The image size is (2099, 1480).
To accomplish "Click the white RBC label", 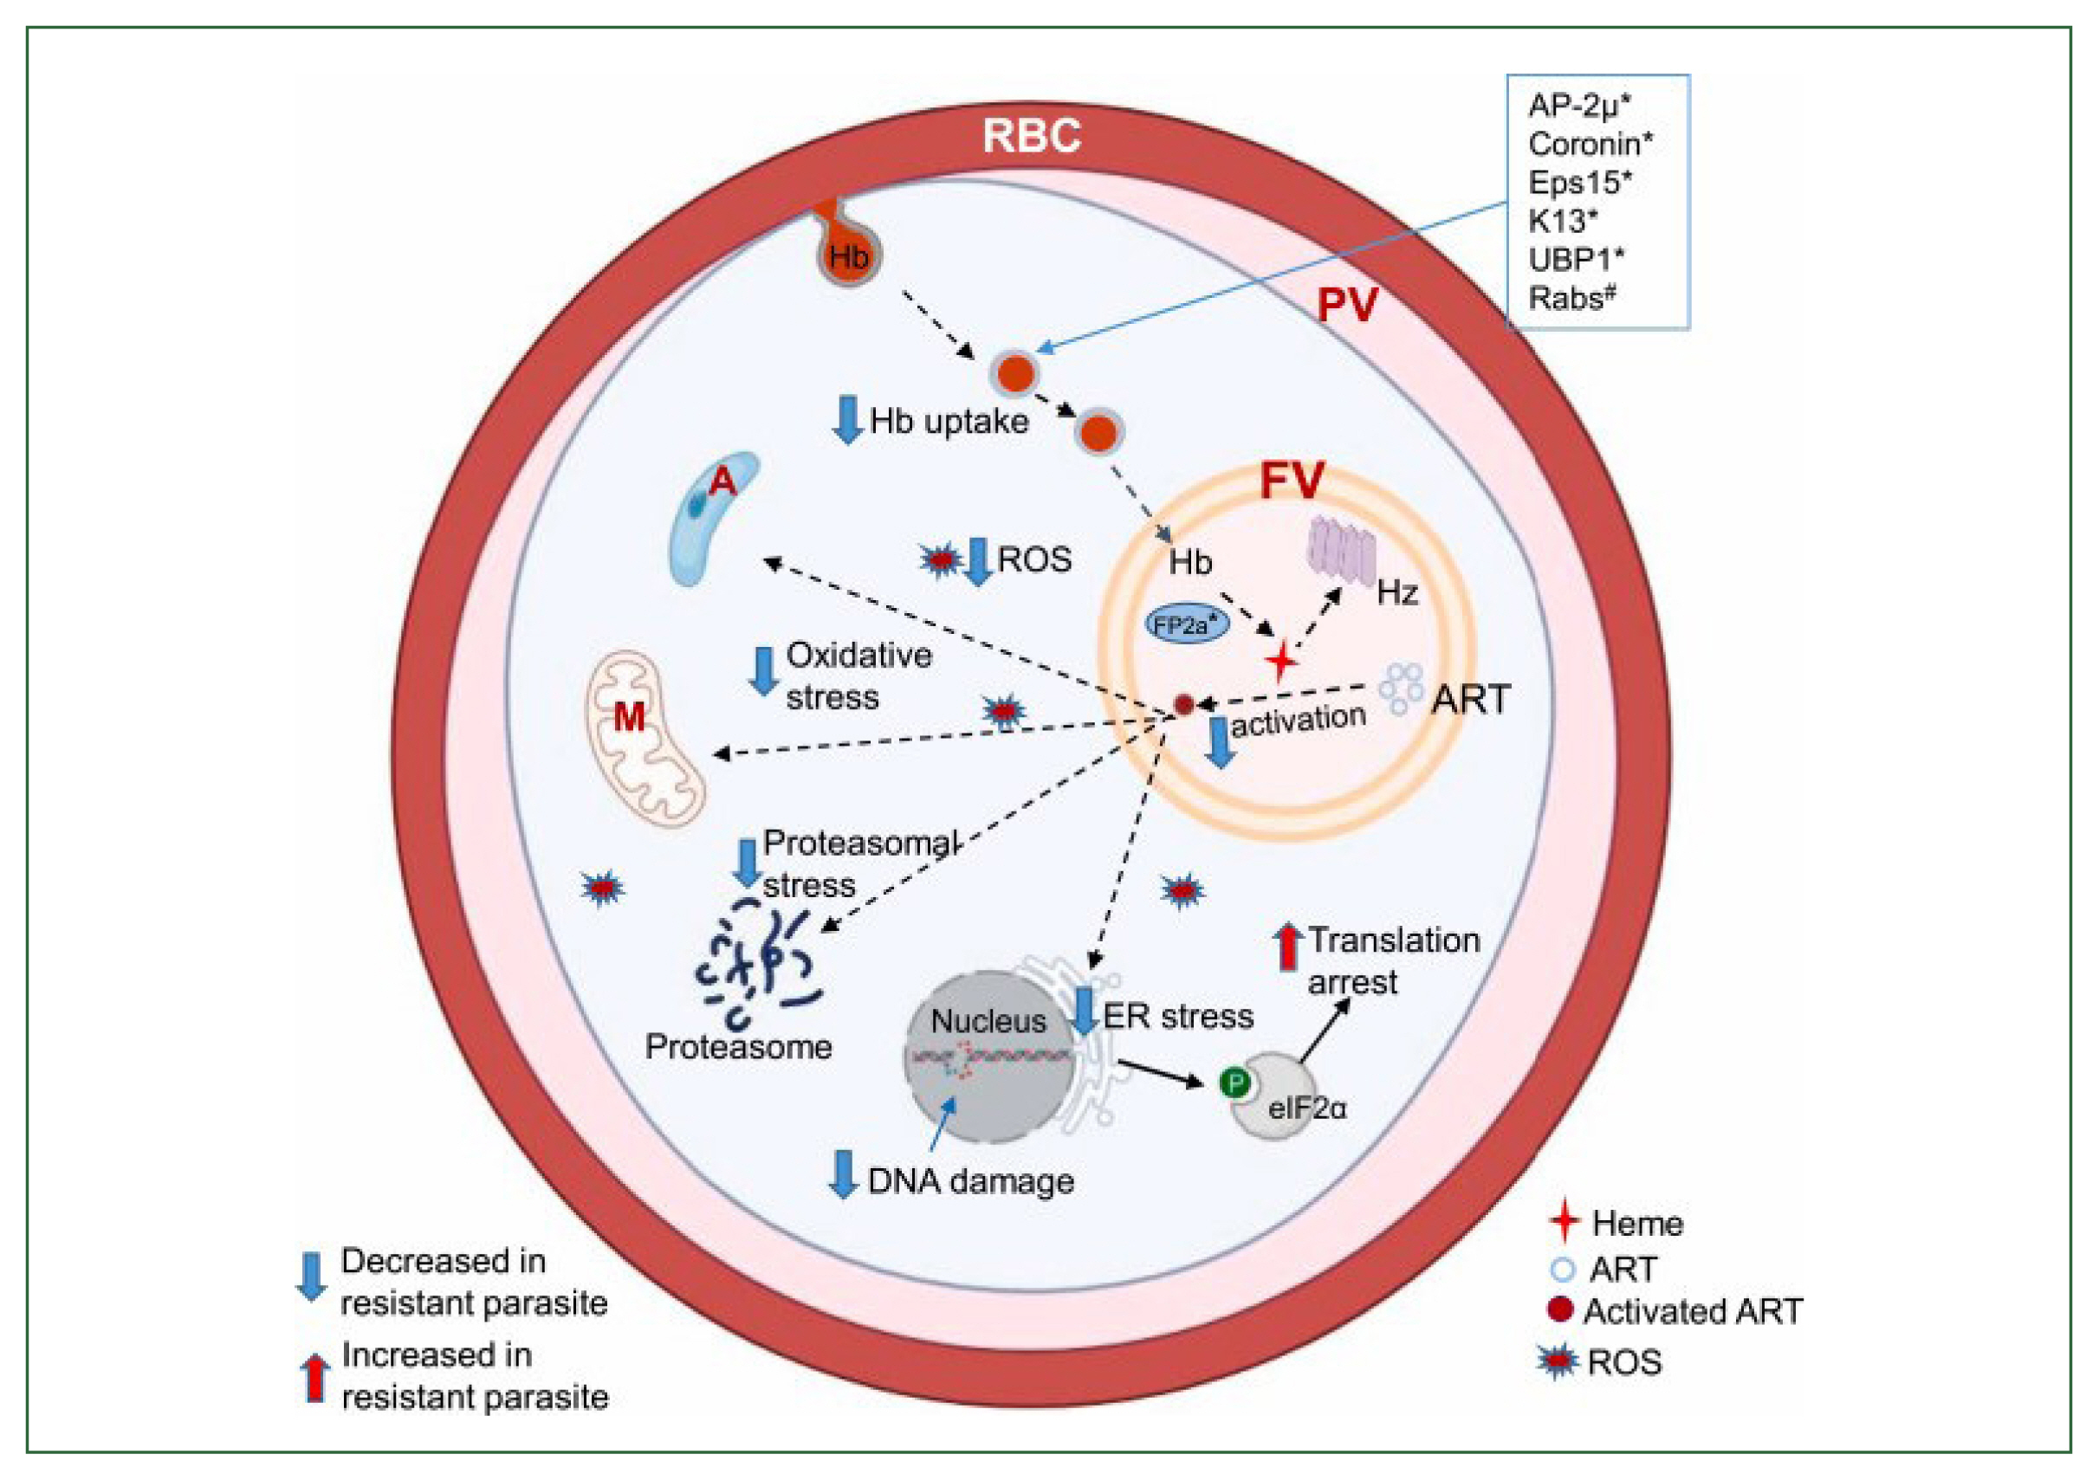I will pyautogui.click(x=1030, y=135).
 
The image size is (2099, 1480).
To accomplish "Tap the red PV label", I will pyautogui.click(x=1346, y=306).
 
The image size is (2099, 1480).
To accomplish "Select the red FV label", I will pyautogui.click(x=1291, y=481).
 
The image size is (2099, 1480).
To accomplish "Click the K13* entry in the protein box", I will pyautogui.click(x=1563, y=220).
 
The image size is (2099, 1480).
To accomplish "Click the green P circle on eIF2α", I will pyautogui.click(x=1235, y=1084).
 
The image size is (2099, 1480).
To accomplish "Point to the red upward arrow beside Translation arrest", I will pyautogui.click(x=1287, y=947).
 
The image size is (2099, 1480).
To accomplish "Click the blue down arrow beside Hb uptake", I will pyautogui.click(x=847, y=420).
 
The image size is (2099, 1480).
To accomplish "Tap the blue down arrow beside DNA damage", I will pyautogui.click(x=842, y=1173).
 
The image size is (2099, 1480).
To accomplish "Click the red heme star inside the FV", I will pyautogui.click(x=1280, y=661).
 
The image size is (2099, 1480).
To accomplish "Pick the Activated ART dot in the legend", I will pyautogui.click(x=1559, y=1309).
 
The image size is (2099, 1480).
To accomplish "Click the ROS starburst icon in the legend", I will pyautogui.click(x=1558, y=1361).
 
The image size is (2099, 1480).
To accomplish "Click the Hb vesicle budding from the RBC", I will pyautogui.click(x=847, y=254).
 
